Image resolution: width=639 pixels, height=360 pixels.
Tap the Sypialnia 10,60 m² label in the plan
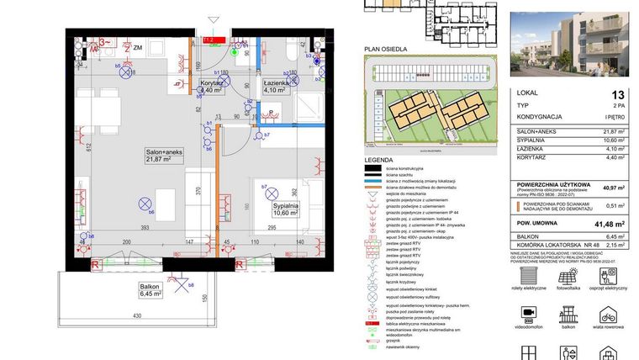click(x=287, y=209)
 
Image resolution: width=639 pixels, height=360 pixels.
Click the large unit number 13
click(x=618, y=96)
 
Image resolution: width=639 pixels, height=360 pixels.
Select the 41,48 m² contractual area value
click(x=612, y=224)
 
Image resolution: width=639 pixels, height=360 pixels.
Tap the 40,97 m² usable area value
click(x=613, y=188)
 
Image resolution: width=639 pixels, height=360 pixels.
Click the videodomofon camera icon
click(x=528, y=313)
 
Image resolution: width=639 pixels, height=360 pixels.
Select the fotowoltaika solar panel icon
click(x=568, y=274)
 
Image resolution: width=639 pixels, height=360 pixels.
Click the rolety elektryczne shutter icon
click(x=528, y=274)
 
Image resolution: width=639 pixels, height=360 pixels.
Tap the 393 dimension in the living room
click(x=144, y=227)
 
